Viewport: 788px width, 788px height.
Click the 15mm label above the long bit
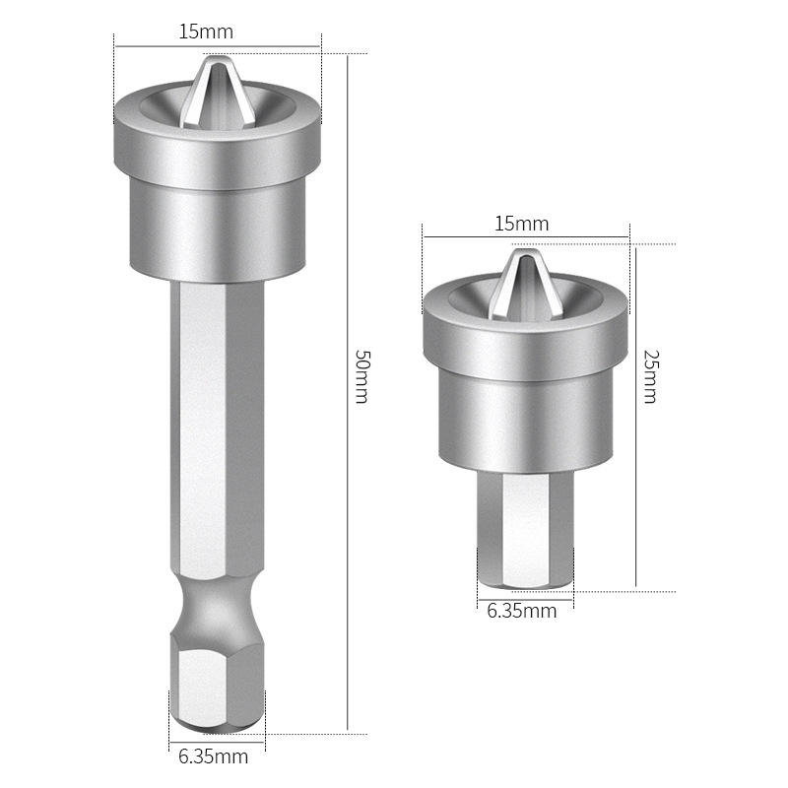[206, 33]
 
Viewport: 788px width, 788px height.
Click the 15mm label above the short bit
[522, 224]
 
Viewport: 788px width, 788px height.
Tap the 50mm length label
[362, 377]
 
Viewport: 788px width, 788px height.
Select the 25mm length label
[650, 377]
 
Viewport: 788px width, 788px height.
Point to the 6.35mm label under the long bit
[213, 756]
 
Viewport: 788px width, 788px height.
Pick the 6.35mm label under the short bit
[522, 611]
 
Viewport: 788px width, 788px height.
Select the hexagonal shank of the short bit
[526, 530]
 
